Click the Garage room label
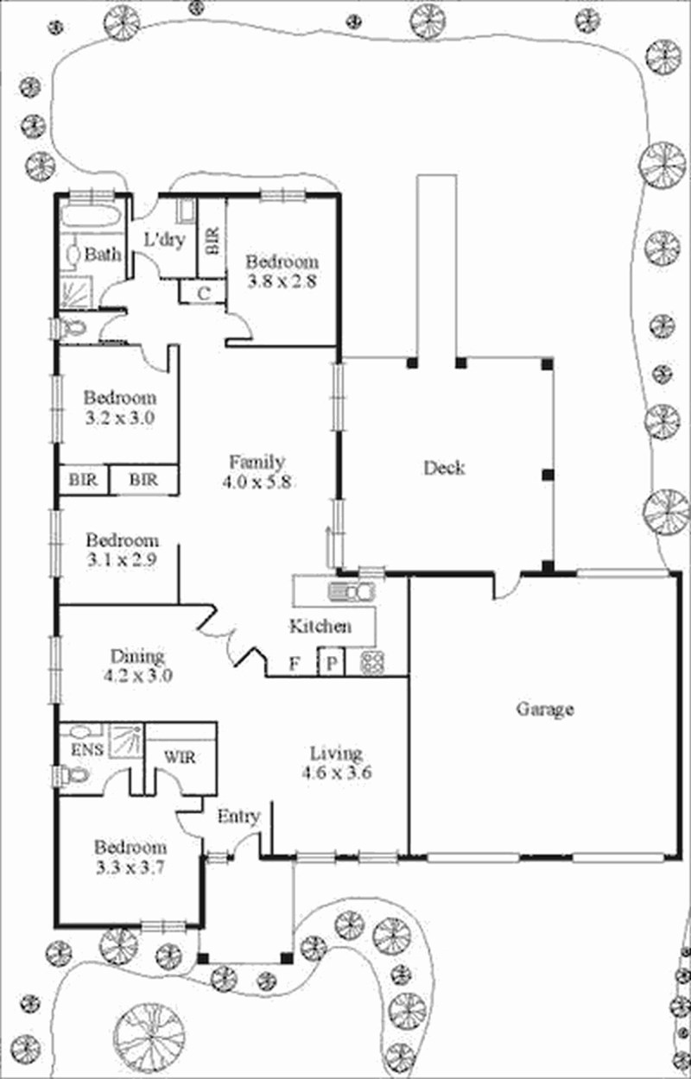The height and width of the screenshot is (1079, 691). point(545,709)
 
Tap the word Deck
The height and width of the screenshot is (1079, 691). point(444,468)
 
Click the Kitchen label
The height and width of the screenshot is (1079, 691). point(320,626)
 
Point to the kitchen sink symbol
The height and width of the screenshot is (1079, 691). point(352,591)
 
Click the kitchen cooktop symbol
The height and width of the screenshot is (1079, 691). point(372,662)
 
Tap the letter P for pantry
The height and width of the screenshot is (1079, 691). point(332,664)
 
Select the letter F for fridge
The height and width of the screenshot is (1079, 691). point(295,664)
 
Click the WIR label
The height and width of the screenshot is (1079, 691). point(180,757)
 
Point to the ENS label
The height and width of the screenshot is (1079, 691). point(87,749)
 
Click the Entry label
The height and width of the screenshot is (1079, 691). point(238,817)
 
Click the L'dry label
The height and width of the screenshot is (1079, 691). point(165,239)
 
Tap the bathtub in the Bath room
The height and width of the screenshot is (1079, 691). point(91,215)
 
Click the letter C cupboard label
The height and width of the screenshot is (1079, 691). point(204,293)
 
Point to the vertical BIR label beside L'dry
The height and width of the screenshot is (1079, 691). point(213,241)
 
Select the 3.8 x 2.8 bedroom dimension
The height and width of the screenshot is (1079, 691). point(282,281)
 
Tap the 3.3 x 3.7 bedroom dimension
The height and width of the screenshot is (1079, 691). point(130,868)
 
